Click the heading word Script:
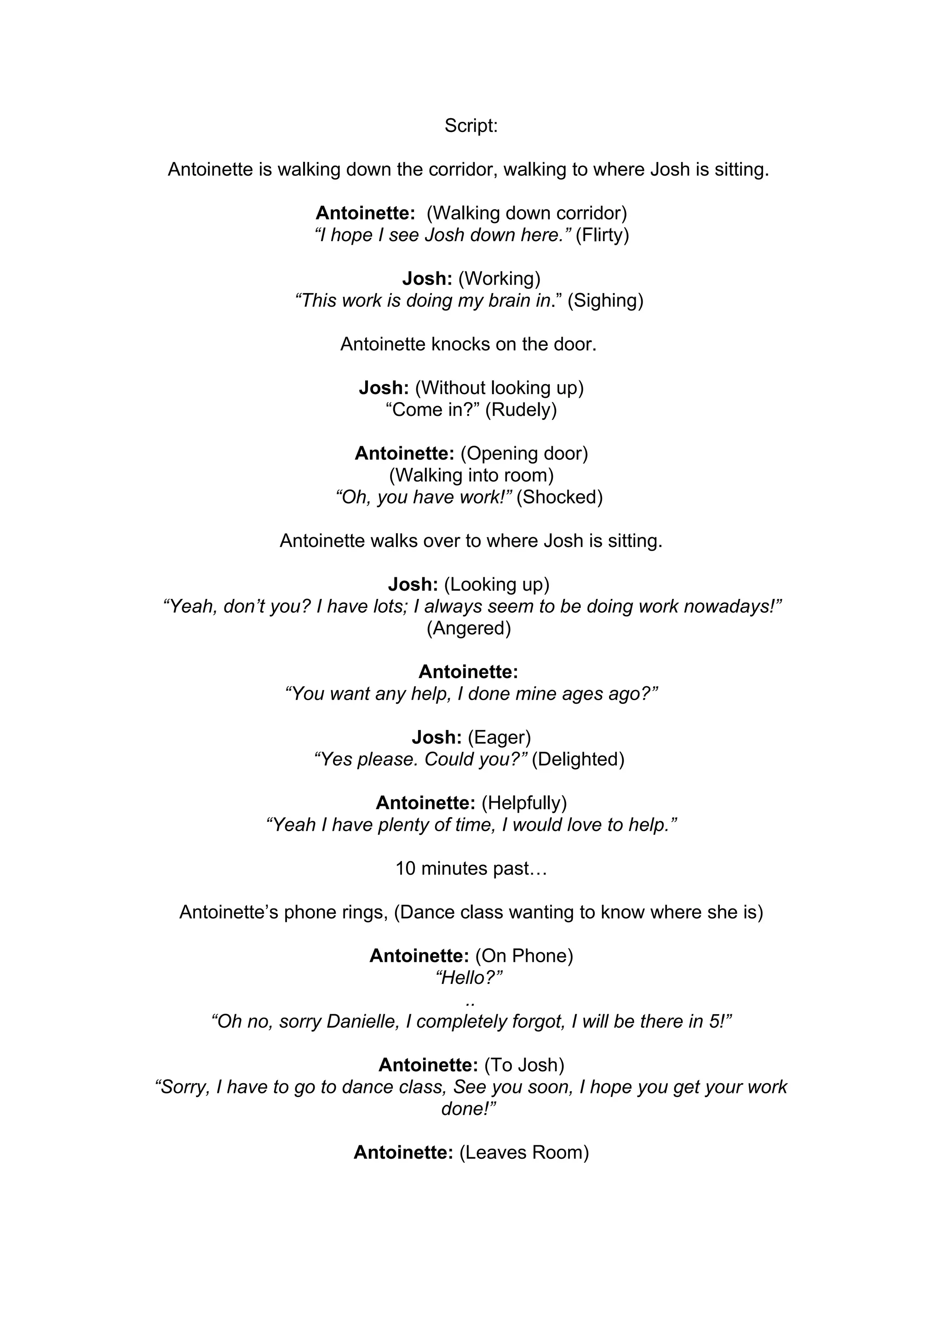click(471, 126)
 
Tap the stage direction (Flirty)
click(602, 235)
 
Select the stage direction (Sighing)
click(605, 301)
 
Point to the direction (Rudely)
click(521, 410)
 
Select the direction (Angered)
click(468, 628)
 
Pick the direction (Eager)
click(499, 737)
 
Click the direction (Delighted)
click(578, 759)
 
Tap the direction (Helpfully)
click(524, 803)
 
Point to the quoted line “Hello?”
click(468, 978)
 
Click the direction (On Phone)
click(524, 956)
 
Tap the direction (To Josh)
click(524, 1065)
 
